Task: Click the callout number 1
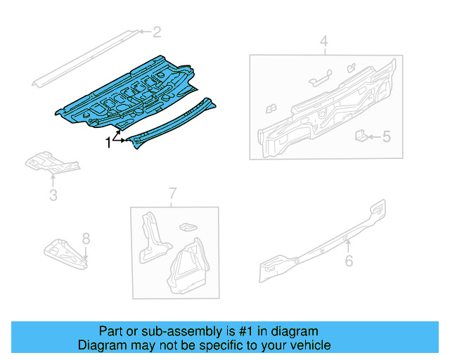[x=108, y=143]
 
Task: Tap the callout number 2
[x=157, y=32]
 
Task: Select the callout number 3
[x=53, y=195]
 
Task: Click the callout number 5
[x=386, y=136]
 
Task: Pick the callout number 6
[x=349, y=262]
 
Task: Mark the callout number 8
[x=86, y=238]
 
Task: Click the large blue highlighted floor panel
[x=127, y=98]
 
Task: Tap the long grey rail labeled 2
[x=84, y=58]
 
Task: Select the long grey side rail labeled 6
[x=323, y=239]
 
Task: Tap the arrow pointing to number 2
[x=143, y=32]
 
